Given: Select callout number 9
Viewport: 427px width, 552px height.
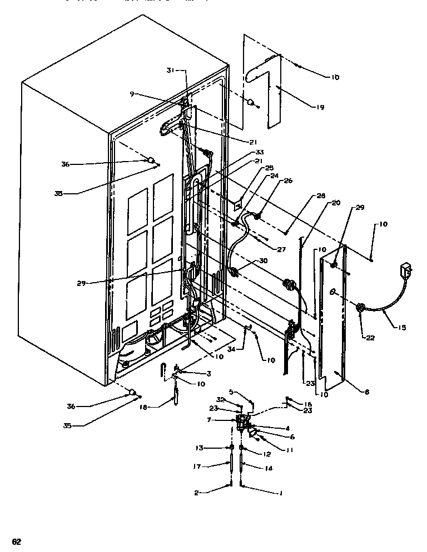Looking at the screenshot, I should tap(132, 93).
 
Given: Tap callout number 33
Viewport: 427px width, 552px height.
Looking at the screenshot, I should tap(259, 152).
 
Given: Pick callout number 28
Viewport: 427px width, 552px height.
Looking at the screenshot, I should tap(320, 196).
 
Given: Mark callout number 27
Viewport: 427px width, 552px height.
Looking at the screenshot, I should tap(281, 250).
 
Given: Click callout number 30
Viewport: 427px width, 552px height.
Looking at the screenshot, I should tap(263, 260).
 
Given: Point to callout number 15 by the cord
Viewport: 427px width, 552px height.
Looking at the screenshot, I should tap(400, 328).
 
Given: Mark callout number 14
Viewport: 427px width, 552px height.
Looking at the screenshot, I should tap(267, 468).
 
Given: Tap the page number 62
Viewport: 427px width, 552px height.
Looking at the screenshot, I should tap(17, 541).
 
